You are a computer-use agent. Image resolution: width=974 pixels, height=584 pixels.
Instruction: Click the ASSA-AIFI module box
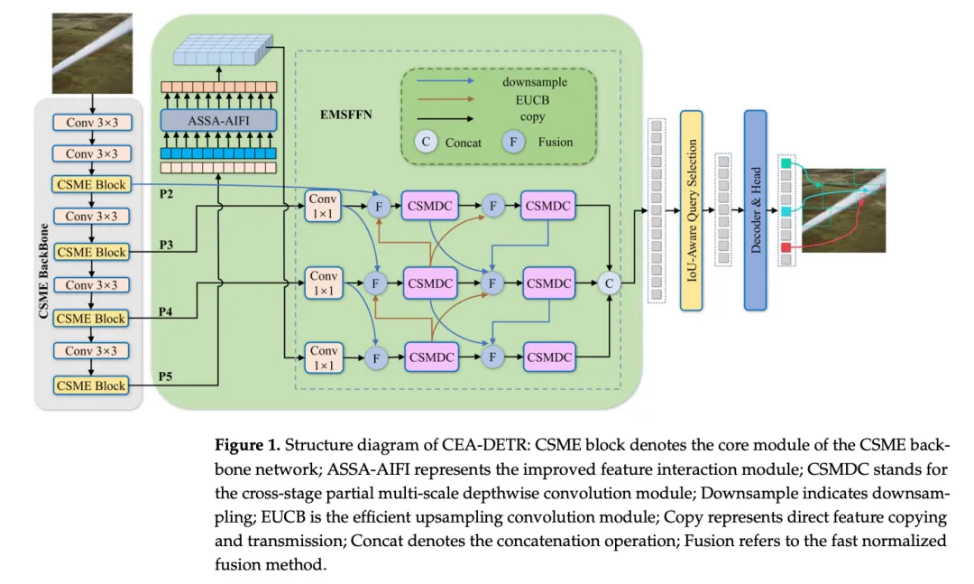click(218, 120)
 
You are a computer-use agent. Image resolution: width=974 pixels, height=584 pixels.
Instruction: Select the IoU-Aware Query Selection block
click(691, 210)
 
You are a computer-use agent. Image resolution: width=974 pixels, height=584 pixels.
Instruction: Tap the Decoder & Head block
click(755, 210)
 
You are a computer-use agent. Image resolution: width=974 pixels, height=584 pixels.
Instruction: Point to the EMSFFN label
click(345, 116)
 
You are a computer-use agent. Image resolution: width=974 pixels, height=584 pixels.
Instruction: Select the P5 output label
click(166, 375)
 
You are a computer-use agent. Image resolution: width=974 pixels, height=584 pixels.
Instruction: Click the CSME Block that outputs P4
click(91, 319)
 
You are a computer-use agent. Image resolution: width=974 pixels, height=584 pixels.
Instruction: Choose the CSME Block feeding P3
click(91, 252)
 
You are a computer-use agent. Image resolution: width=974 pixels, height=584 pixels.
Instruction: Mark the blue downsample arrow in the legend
click(446, 82)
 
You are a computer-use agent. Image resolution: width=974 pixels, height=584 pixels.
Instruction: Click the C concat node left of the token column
click(611, 283)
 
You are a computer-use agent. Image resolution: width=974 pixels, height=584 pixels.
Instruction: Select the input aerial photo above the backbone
click(92, 44)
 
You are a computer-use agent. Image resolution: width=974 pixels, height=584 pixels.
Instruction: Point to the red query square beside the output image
click(786, 246)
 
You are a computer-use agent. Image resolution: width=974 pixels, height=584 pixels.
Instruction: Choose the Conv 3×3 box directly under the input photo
click(91, 122)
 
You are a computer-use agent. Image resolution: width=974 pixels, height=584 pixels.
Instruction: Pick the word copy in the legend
click(532, 117)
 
